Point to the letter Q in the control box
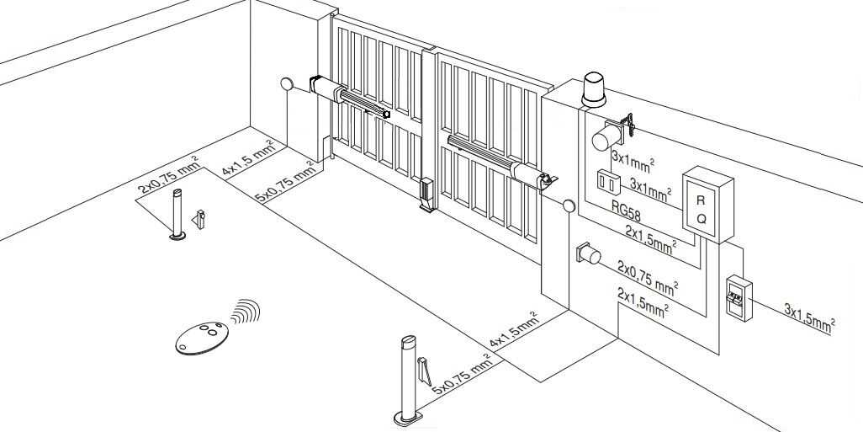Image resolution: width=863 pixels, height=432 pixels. pos(702,218)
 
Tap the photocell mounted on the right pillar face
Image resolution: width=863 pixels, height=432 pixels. pos(586,254)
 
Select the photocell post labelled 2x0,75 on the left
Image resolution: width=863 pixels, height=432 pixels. pos(177,215)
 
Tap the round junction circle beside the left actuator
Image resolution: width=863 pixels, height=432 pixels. pos(288,84)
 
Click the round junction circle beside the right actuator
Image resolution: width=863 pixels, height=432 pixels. pos(569,206)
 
